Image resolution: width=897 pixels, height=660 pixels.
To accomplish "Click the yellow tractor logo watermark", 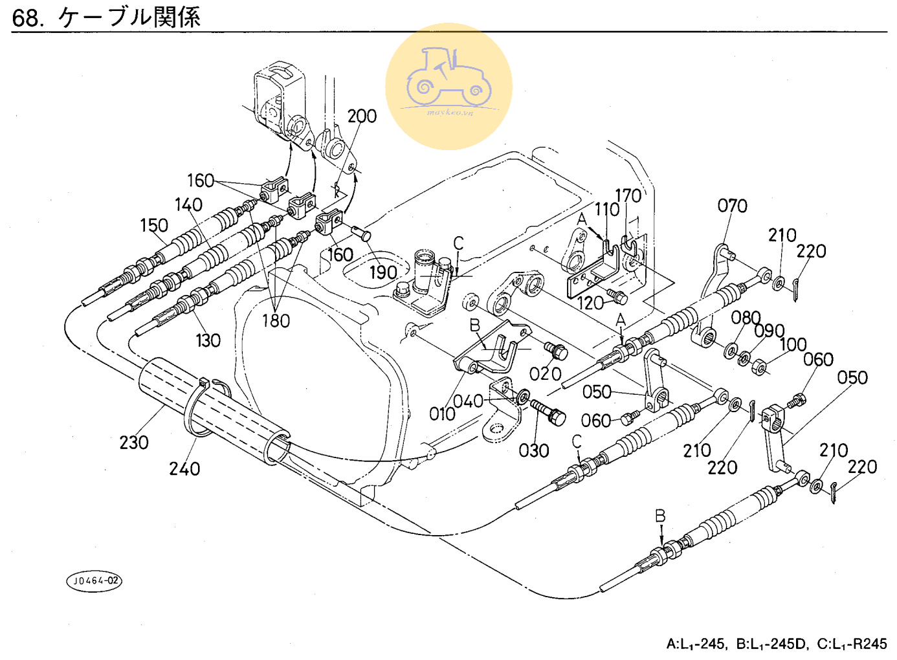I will (x=448, y=86).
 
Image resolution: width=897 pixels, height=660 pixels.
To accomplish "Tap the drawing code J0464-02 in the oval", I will (x=94, y=580).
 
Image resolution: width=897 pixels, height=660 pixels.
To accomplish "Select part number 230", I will (x=134, y=443).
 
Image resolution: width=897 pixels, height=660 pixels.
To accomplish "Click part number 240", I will (x=184, y=468).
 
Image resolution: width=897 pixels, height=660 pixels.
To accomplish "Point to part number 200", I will (x=362, y=116).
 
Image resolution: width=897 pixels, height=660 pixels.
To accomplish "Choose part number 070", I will (x=732, y=206).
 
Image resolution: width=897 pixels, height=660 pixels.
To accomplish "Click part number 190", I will (x=383, y=272).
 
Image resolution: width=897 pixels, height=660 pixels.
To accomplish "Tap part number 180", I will (x=276, y=320).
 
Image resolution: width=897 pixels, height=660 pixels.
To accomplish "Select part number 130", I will (x=208, y=340).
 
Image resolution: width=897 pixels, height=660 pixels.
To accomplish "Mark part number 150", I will (x=154, y=225).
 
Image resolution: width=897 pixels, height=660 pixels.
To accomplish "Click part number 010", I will (x=443, y=413).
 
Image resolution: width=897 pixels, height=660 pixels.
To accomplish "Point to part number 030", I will (x=534, y=450).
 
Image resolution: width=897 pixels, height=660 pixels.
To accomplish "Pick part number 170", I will (x=628, y=195).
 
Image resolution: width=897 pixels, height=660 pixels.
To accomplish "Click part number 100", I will (x=793, y=344).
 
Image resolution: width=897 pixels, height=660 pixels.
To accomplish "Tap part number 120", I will (x=590, y=303).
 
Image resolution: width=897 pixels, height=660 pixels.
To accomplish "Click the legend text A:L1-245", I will (x=696, y=644).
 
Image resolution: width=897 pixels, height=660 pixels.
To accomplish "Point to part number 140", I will (x=188, y=204).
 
